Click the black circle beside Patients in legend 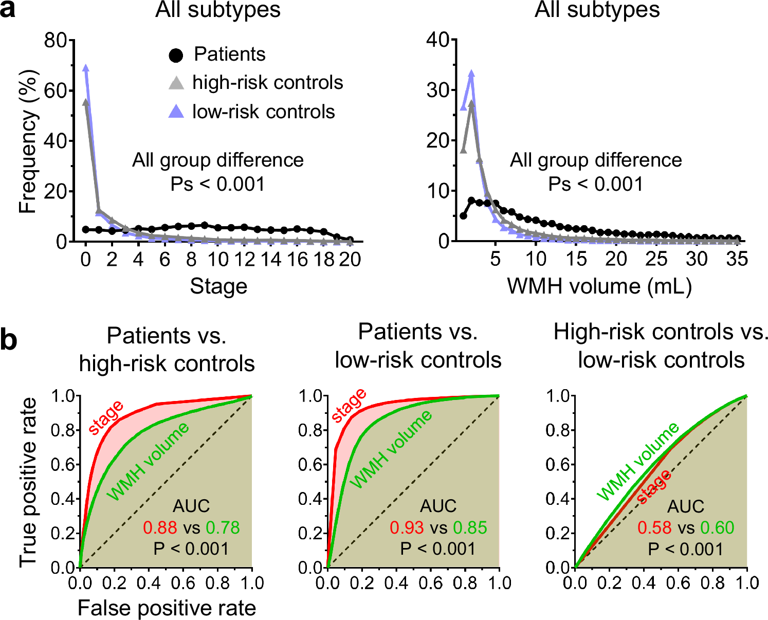(176, 55)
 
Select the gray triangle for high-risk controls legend (176, 83)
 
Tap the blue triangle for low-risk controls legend (176, 112)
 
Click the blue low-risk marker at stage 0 (86, 68)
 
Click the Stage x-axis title (218, 286)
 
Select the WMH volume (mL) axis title (599, 286)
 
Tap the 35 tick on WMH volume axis (737, 259)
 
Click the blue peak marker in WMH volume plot (471, 74)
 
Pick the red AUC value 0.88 (160, 527)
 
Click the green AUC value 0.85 (470, 527)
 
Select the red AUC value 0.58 (654, 527)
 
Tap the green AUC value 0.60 (717, 527)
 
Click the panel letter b (9, 340)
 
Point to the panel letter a (7, 10)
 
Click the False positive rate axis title (167, 608)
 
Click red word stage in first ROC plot (106, 417)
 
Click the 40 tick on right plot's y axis (438, 40)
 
